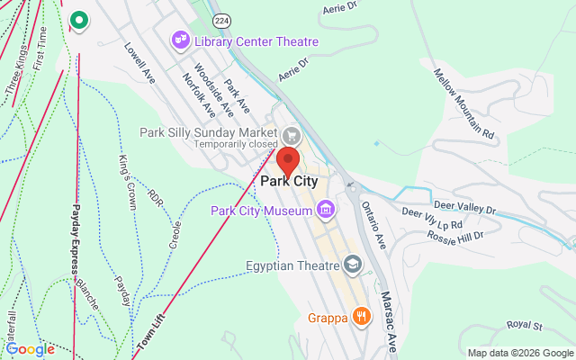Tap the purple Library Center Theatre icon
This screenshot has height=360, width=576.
point(181,40)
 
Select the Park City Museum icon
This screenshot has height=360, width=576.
point(326,211)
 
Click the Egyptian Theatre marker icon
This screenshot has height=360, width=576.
point(353,265)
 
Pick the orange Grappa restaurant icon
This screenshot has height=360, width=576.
point(361,316)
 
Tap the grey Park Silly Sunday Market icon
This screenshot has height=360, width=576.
point(291,135)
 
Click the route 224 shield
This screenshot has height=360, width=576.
point(220,19)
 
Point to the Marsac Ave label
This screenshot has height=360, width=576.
point(388,319)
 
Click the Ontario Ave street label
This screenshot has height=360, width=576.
point(373,224)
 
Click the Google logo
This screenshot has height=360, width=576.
point(30,349)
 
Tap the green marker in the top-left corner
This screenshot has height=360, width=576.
point(78,19)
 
